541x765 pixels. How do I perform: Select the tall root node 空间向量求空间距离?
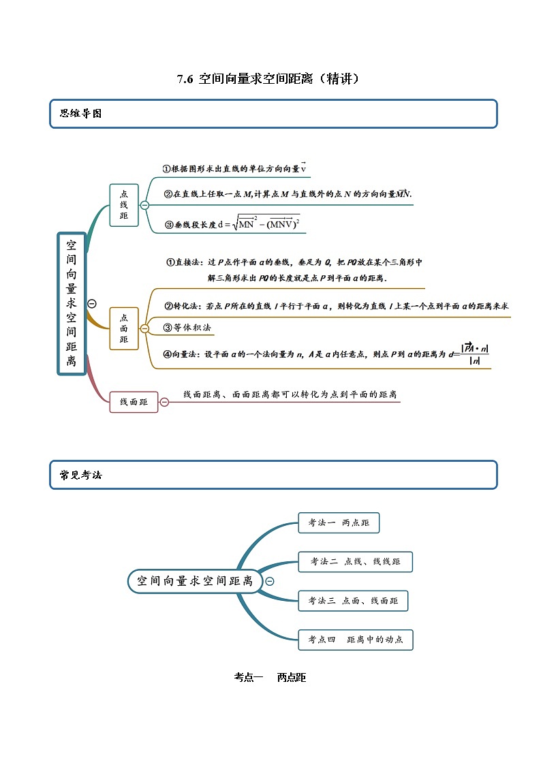click(72, 303)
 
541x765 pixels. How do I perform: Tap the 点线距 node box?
click(123, 205)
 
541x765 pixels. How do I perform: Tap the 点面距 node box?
click(123, 328)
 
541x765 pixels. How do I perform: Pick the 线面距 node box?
click(134, 402)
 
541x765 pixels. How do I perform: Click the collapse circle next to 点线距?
click(144, 205)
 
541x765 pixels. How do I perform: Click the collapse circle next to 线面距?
click(164, 402)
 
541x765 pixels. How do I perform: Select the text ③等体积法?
click(187, 328)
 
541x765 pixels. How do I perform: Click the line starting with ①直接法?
click(294, 262)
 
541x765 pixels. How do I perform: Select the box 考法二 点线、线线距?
click(355, 562)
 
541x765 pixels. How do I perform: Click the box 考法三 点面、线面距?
click(353, 601)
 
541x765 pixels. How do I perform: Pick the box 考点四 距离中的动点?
click(355, 640)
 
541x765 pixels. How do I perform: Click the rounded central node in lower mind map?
click(194, 581)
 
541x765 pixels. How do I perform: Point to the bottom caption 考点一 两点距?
click(270, 677)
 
